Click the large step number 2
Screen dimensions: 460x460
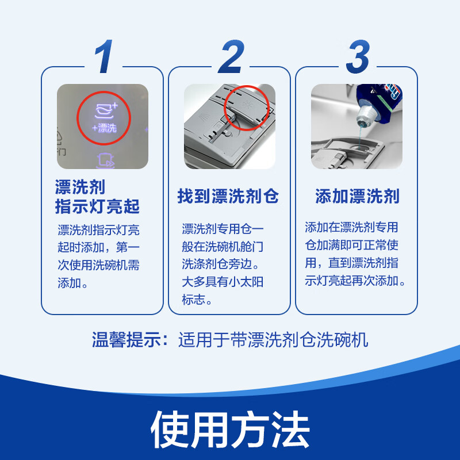pyautogui.click(x=231, y=57)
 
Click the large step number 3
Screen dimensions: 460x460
pyautogui.click(x=358, y=57)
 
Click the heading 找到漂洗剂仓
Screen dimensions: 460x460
pyautogui.click(x=228, y=197)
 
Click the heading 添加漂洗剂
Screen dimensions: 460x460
pyautogui.click(x=357, y=197)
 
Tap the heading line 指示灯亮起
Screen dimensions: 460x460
pyautogui.click(x=97, y=206)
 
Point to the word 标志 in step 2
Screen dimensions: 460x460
pyautogui.click(x=194, y=300)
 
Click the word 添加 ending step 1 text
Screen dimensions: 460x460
pyautogui.click(x=70, y=283)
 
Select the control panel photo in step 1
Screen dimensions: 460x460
pyautogui.click(x=103, y=126)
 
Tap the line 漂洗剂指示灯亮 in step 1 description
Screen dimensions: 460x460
pyautogui.click(x=98, y=230)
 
